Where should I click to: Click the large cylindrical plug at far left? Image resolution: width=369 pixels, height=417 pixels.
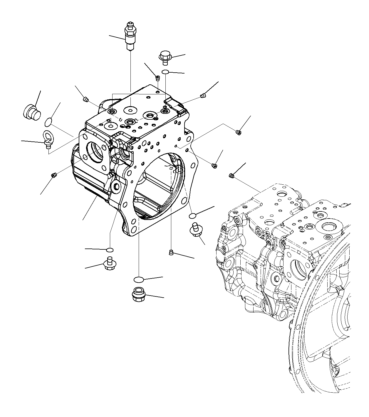[31, 112]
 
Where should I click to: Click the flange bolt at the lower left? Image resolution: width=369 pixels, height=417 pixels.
[109, 264]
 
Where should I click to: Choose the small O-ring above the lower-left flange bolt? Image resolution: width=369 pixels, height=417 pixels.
[110, 250]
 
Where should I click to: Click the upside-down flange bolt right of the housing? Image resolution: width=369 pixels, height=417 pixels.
[195, 229]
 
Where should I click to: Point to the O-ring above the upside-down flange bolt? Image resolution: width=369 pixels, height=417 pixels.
[192, 216]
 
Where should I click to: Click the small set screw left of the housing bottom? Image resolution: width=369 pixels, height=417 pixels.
[54, 176]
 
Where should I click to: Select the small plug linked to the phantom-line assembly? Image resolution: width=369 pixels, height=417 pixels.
[231, 176]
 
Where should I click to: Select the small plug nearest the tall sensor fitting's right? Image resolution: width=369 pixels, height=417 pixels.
[158, 78]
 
